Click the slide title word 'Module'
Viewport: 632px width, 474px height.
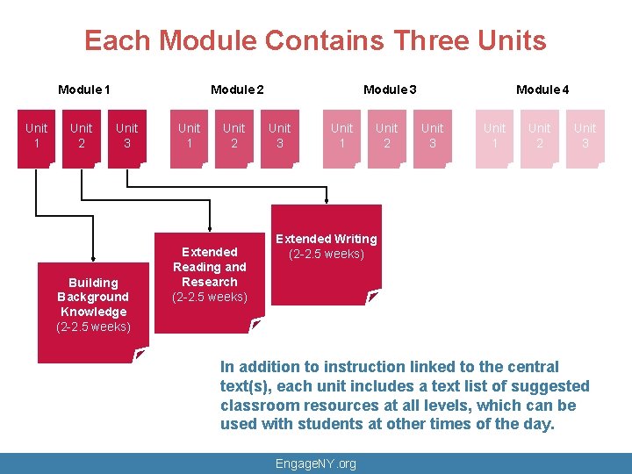point(208,40)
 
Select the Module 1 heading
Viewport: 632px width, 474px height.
point(83,90)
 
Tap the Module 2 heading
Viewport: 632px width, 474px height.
point(237,90)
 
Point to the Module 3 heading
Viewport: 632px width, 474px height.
point(390,90)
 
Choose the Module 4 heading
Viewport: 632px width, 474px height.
point(542,90)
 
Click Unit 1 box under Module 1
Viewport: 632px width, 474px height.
point(36,136)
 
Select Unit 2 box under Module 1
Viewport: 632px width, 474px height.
point(82,136)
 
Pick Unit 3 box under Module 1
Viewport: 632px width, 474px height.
point(127,136)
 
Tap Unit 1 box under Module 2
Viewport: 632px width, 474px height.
point(189,136)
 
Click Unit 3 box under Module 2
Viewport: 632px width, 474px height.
point(280,136)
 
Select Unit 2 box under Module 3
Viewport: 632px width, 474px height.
point(387,136)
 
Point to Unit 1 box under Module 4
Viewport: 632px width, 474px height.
point(495,136)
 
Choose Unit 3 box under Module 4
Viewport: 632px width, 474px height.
point(585,136)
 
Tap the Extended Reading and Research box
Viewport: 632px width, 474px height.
point(209,274)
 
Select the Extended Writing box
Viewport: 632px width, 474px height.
point(327,250)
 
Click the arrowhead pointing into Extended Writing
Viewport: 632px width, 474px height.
point(327,199)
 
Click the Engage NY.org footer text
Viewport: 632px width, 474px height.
point(316,463)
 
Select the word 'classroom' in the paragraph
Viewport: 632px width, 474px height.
point(258,406)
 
